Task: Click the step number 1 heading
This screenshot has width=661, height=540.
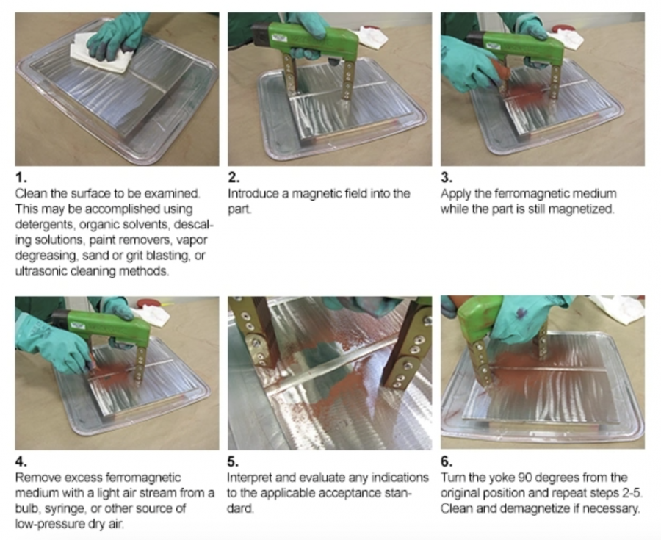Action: pos(21,178)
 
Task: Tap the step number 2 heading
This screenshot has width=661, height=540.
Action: pos(234,178)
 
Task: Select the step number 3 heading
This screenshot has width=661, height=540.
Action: pos(447,178)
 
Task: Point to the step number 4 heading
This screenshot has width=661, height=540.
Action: pos(21,461)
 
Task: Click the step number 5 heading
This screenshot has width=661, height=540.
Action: pos(233,461)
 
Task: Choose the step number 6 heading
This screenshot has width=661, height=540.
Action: pos(447,461)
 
